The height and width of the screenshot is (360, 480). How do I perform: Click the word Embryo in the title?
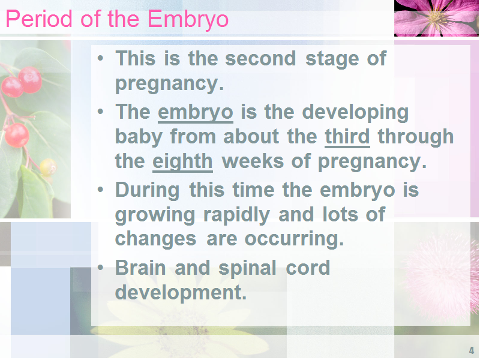188,20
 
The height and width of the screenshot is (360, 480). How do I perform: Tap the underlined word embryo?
196,113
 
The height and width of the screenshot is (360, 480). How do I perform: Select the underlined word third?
347,136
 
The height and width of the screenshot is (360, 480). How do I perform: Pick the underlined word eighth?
182,162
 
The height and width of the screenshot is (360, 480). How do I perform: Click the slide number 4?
472,350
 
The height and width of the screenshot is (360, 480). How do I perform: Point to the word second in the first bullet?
260,58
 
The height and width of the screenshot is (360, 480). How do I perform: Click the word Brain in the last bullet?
140,268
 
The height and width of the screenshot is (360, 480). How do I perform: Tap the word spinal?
247,268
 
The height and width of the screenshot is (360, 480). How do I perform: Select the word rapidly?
236,215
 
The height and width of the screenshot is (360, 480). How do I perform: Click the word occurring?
294,239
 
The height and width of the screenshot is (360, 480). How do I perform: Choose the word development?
181,293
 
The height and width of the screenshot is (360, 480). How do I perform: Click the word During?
147,190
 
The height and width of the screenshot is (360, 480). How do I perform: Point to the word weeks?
253,161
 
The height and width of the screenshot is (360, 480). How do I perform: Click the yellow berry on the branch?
48,167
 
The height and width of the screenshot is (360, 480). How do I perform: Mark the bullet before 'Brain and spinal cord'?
100,268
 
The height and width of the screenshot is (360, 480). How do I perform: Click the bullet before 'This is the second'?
100,58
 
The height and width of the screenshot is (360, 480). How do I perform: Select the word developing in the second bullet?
355,113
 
